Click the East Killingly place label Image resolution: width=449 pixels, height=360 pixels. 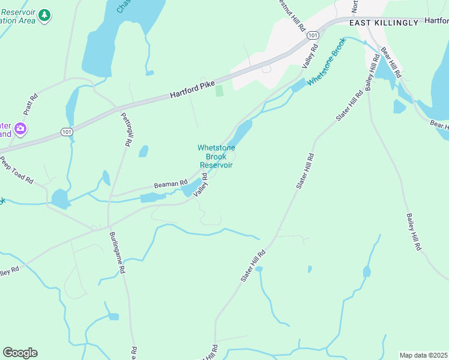[x=384, y=22]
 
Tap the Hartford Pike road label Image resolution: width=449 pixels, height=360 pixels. [x=192, y=90]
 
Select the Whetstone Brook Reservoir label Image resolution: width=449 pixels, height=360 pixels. [x=216, y=157]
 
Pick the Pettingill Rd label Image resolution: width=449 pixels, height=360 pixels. [x=127, y=130]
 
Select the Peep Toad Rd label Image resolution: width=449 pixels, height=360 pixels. [x=16, y=170]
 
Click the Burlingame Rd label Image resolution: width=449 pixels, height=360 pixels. [x=117, y=253]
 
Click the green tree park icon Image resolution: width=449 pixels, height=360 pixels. [x=44, y=16]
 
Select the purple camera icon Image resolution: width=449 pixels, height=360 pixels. [x=20, y=128]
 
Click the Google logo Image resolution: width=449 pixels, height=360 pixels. [x=20, y=353]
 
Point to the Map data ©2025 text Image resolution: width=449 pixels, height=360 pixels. [x=423, y=355]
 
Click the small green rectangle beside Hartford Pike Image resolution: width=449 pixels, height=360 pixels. [x=219, y=91]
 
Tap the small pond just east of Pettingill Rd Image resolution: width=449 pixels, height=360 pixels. [x=143, y=151]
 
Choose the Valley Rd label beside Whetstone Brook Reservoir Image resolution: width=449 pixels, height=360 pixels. [x=200, y=184]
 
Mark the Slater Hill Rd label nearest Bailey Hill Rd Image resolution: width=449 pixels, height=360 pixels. [x=350, y=106]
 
